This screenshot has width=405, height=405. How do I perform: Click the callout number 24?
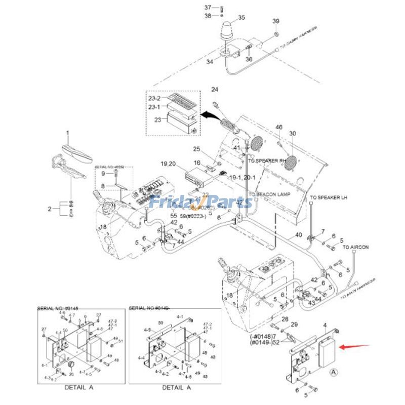click(214, 90)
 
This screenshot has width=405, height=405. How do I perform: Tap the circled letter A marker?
click(333, 371)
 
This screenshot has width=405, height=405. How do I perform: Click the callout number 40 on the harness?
click(298, 235)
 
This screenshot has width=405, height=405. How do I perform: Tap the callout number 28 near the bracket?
click(285, 319)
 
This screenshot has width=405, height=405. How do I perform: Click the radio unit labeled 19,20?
click(195, 176)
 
